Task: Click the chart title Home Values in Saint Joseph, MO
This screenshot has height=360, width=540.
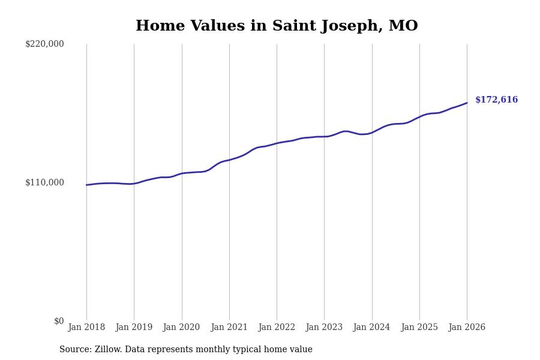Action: tap(277, 26)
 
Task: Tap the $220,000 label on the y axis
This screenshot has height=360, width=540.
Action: tap(44, 44)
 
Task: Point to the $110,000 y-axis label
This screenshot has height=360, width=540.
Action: tap(44, 182)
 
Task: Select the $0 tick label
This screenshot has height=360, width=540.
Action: tap(59, 321)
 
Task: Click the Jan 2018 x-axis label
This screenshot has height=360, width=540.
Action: tap(86, 327)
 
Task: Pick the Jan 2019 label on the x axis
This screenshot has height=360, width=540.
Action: tap(134, 327)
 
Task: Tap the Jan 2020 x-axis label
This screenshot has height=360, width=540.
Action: tap(181, 327)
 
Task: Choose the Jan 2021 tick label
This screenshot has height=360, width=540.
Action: tap(229, 327)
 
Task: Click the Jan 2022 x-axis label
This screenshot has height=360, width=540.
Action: tap(277, 327)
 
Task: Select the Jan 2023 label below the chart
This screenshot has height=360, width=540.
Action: tap(324, 327)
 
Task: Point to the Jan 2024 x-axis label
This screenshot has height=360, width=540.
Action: tap(371, 327)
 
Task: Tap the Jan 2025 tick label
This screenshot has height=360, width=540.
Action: tap(419, 327)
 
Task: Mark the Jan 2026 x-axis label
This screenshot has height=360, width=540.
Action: tap(467, 327)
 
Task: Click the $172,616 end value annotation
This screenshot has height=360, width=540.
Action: tap(496, 100)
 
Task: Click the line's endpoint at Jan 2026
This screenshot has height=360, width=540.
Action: tap(467, 103)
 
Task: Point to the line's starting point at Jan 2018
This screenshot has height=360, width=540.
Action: tap(86, 185)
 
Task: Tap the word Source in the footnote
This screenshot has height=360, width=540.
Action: tap(74, 350)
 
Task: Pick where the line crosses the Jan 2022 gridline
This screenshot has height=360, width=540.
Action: tap(277, 143)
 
